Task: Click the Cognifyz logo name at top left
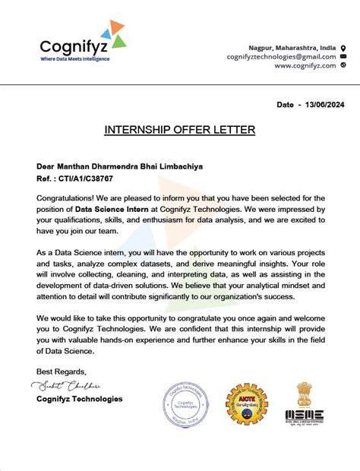(73, 44)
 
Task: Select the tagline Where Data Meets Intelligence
(74, 58)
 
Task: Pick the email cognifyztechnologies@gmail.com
(281, 56)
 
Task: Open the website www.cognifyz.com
(305, 65)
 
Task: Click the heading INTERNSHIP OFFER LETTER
(179, 130)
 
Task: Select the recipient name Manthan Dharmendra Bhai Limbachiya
(120, 166)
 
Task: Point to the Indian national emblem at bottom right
(304, 394)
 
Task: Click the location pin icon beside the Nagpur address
(343, 47)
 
